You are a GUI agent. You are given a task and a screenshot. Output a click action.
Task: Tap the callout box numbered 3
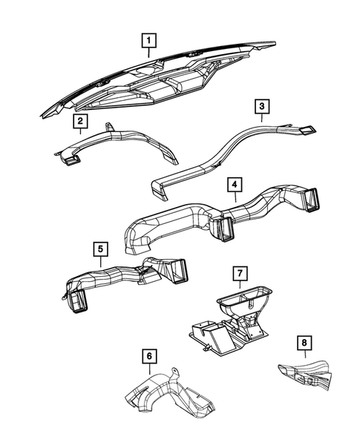click(261, 108)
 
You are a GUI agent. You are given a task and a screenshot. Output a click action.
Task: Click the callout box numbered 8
click(304, 343)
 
